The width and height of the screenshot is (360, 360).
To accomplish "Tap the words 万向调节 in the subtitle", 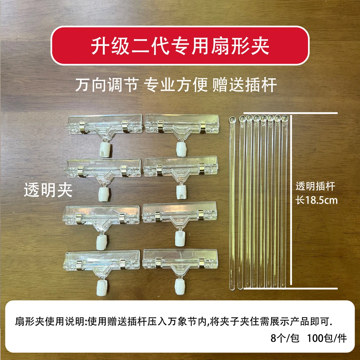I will (106, 85).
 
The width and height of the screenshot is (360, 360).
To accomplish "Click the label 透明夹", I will (48, 191).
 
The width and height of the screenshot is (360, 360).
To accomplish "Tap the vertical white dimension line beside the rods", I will (292, 200).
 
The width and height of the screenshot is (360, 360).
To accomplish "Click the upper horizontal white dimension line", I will (290, 113).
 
